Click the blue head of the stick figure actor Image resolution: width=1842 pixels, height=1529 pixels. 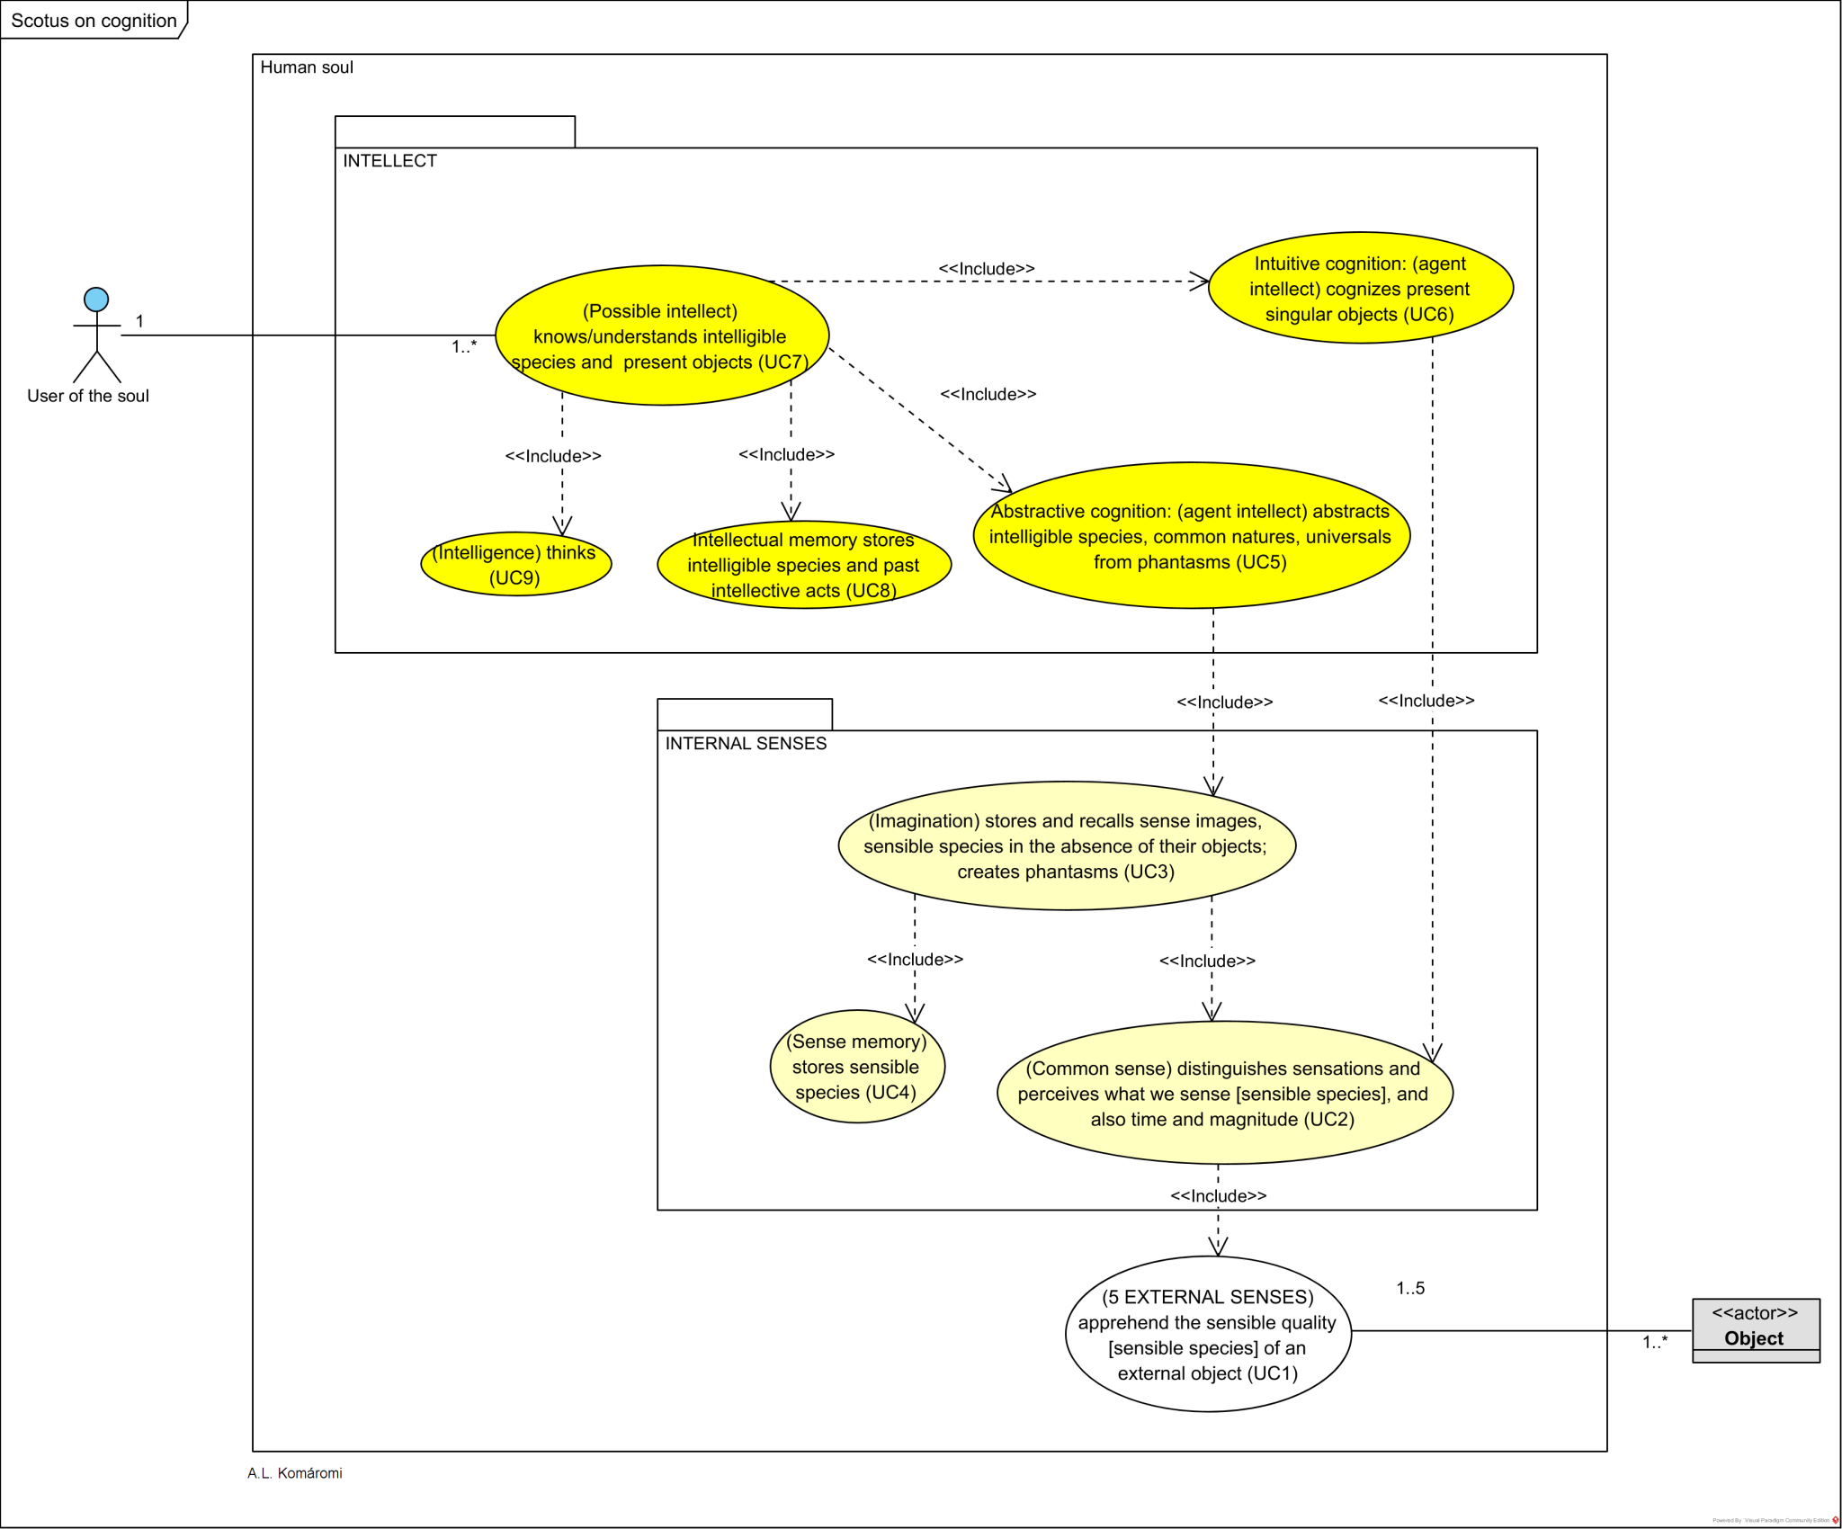pos(96,300)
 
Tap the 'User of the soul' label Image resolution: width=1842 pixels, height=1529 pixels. pos(88,396)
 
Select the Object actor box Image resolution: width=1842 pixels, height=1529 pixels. pos(1755,1330)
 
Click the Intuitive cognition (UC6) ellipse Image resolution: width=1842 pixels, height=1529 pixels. pos(1359,288)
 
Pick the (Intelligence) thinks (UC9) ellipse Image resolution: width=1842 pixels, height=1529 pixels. pos(515,565)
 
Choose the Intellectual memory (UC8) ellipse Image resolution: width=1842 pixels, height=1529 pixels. pos(803,565)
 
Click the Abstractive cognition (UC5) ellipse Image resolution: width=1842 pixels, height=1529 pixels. pos(1190,536)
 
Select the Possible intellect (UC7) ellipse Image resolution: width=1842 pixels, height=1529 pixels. pos(661,335)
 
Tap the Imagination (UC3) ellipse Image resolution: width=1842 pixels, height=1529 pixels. pos(1066,845)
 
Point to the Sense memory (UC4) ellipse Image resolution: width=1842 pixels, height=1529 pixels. pos(856,1067)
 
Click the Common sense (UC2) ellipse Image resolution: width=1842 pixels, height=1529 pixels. pos(1223,1094)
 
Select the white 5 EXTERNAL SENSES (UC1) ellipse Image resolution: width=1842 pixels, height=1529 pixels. pos(1207,1335)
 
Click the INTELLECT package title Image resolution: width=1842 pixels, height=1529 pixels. pos(389,161)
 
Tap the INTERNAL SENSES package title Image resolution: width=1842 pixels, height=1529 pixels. pos(746,744)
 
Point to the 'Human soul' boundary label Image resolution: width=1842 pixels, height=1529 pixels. pos(307,67)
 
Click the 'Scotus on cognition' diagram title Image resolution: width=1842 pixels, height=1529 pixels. pos(94,21)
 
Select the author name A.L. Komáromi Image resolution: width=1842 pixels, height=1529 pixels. pos(295,1473)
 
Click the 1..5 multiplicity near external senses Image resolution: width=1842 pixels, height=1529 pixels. pos(1409,1288)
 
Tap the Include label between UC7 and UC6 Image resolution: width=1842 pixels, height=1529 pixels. pos(986,269)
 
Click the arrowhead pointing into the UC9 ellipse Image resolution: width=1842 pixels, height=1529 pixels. pos(562,527)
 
